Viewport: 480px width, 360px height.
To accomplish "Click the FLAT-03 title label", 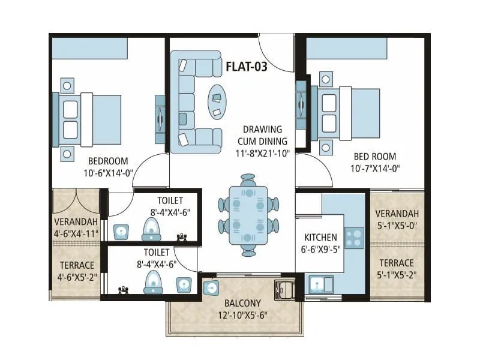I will (x=246, y=66).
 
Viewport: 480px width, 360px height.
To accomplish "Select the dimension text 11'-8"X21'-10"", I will (x=262, y=153).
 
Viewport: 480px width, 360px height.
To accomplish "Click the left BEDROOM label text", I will (x=108, y=161).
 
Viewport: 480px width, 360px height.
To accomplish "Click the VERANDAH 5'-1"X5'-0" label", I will (x=396, y=220).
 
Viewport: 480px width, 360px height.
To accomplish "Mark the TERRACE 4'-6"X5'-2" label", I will (x=77, y=271).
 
